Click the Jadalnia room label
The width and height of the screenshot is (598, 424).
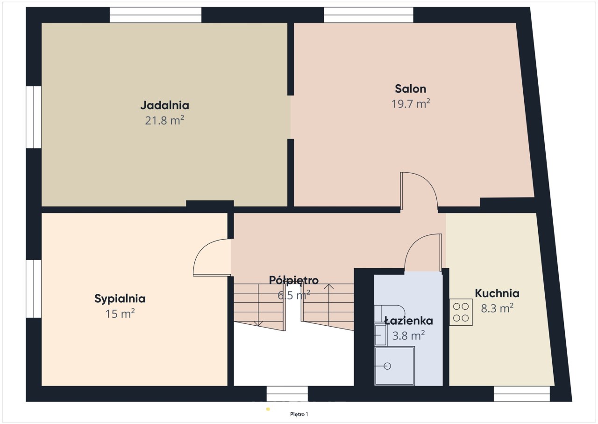click(165, 105)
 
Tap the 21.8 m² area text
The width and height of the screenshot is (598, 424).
click(164, 120)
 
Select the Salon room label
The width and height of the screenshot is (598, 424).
click(410, 89)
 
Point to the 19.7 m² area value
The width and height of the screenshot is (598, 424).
click(411, 104)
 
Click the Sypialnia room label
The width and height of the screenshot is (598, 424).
click(120, 299)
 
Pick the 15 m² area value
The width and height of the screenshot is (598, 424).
click(120, 314)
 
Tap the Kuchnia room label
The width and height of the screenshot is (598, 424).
click(497, 293)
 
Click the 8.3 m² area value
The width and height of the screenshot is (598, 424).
click(497, 308)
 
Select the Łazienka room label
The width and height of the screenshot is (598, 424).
click(408, 321)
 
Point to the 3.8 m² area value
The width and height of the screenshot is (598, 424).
click(408, 336)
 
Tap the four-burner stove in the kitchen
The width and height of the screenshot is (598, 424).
click(461, 312)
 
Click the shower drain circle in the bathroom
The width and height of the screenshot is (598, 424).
click(387, 366)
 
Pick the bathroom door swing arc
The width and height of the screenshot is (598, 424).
click(414, 241)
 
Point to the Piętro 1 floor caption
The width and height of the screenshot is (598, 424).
click(299, 414)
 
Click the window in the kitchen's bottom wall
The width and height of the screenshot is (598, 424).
click(522, 394)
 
